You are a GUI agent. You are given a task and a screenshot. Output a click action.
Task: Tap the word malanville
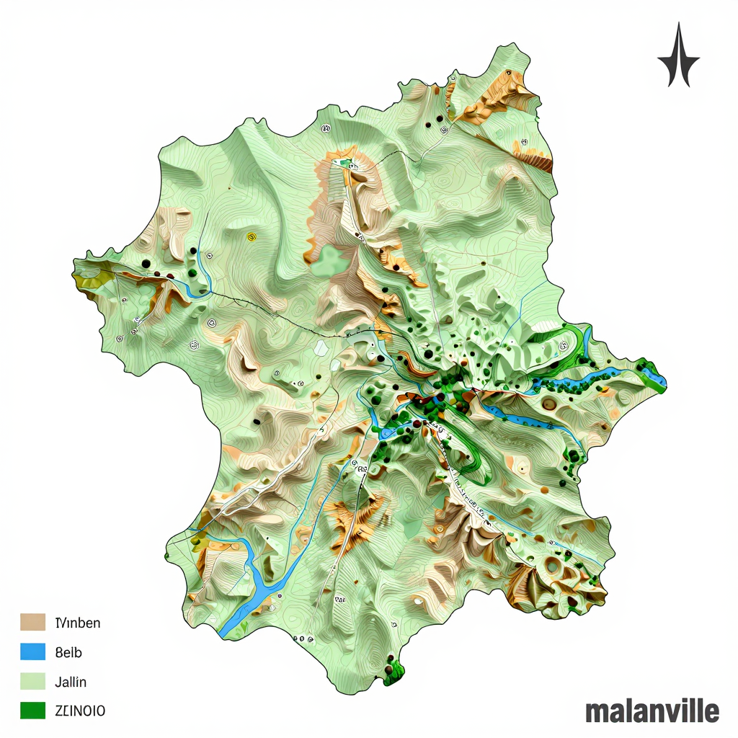tap(652, 711)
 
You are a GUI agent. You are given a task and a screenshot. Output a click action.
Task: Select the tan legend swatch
tap(33, 622)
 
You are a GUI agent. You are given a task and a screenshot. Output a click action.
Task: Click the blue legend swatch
tap(33, 652)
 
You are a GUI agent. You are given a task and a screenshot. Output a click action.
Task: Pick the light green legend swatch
tap(33, 681)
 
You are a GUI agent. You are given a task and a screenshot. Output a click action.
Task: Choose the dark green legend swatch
tap(33, 711)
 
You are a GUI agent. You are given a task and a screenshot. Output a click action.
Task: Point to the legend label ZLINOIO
tap(80, 711)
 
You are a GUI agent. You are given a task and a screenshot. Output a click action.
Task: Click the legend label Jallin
tap(70, 681)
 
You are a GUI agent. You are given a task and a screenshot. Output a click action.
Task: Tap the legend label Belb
tap(68, 652)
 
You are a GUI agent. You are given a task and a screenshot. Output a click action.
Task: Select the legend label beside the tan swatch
tap(77, 623)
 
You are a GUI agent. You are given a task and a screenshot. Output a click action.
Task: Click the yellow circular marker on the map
tap(251, 236)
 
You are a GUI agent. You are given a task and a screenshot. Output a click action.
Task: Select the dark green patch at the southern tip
tap(394, 672)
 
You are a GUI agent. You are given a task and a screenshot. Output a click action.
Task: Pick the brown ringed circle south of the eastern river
tap(550, 404)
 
